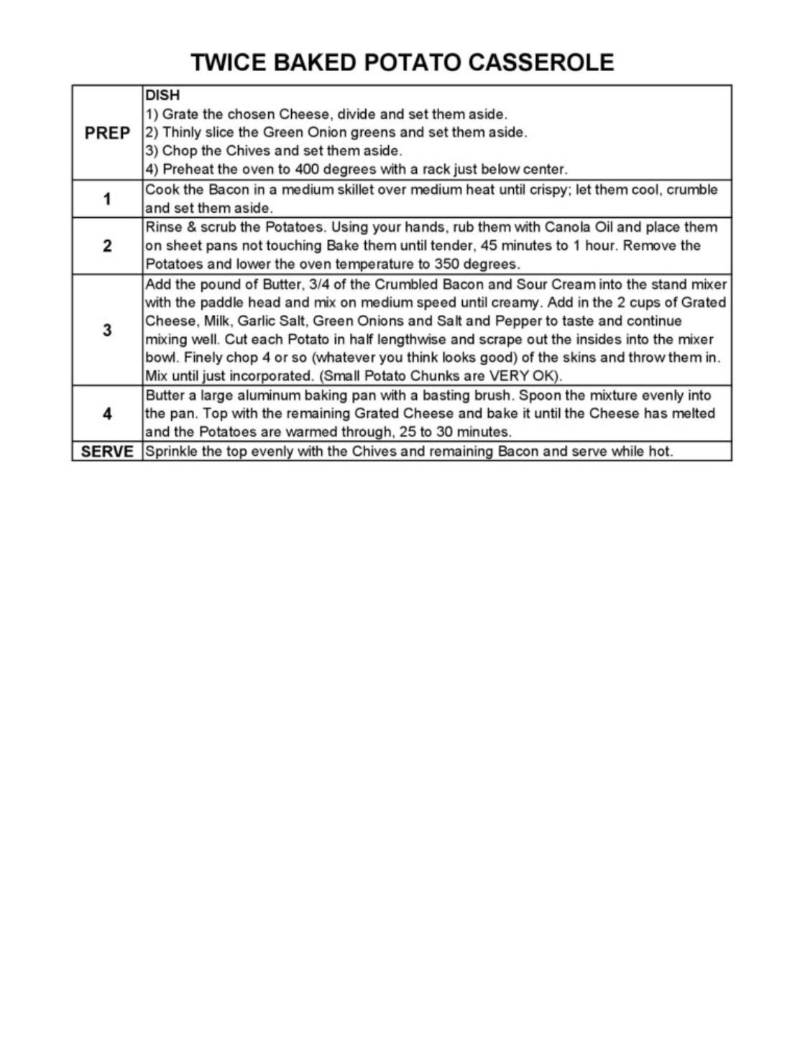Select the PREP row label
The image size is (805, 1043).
[107, 133]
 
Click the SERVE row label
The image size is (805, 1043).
[107, 451]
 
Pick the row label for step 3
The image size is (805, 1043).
[107, 330]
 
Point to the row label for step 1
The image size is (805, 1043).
[107, 199]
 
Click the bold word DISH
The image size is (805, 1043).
[162, 95]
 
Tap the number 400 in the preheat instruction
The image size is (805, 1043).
[307, 170]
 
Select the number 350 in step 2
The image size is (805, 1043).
[446, 264]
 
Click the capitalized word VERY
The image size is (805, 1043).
[508, 376]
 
